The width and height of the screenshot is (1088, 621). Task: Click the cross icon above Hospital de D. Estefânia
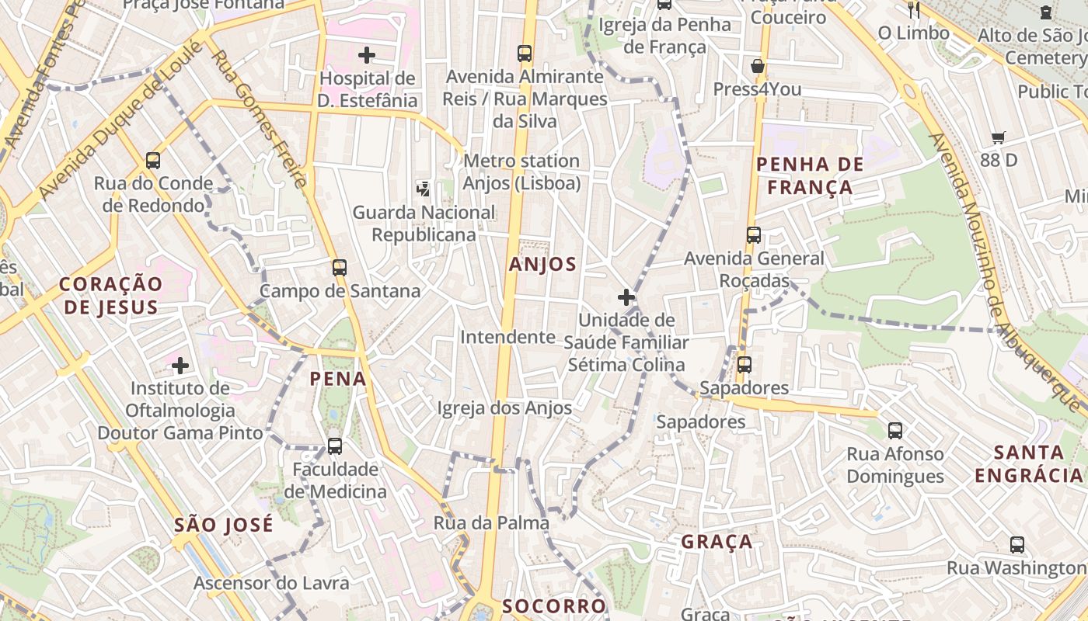[367, 55]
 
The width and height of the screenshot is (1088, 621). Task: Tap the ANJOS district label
[543, 264]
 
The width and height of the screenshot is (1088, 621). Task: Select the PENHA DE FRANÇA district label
[810, 175]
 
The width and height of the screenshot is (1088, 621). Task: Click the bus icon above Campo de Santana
[339, 268]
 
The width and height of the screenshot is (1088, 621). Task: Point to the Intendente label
[507, 337]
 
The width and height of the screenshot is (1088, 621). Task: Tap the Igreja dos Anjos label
[504, 408]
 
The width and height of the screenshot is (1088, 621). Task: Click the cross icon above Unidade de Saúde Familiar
[626, 297]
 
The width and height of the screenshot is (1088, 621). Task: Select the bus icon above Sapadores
[744, 364]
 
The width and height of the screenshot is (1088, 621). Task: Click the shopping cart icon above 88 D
[999, 138]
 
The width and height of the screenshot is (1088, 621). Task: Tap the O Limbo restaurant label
[913, 33]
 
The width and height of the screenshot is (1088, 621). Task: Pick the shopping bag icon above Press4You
[758, 66]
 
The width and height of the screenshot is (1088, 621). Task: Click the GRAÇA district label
[717, 541]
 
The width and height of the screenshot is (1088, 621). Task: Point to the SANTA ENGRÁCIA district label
[1029, 463]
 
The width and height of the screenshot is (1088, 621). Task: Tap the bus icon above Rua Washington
[1017, 545]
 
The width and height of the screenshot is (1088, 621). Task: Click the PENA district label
[337, 379]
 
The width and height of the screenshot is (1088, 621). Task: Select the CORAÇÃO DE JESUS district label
[110, 295]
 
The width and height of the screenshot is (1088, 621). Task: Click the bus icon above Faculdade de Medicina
[335, 446]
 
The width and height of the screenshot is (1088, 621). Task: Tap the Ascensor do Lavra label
[271, 583]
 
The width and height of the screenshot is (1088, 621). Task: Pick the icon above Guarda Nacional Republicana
[424, 188]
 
